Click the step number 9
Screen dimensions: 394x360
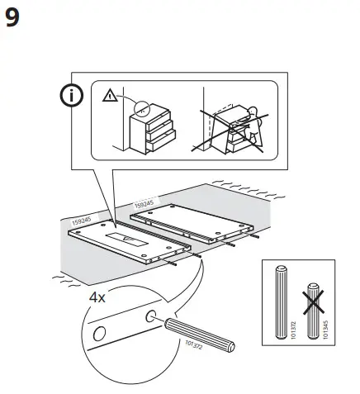click(x=14, y=17)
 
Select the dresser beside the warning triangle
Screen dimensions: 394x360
click(x=150, y=128)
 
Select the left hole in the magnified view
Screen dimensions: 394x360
click(x=100, y=333)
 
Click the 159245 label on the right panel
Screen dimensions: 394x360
click(x=144, y=201)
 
